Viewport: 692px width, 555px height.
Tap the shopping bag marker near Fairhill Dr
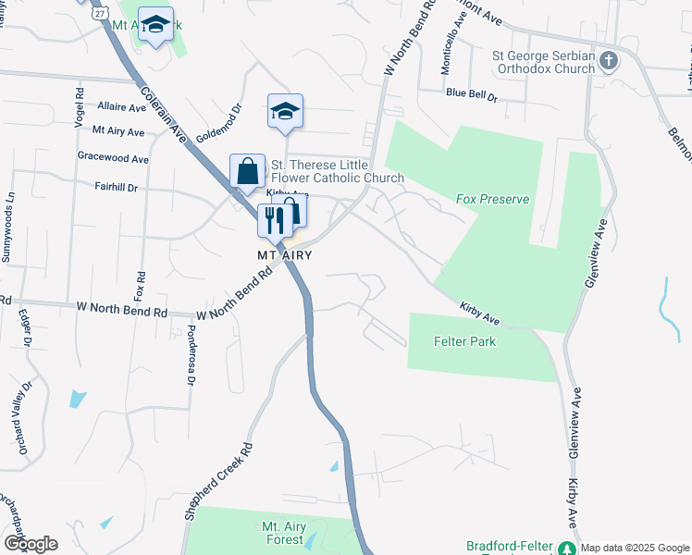coord(247,171)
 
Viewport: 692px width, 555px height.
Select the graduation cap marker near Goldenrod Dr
coord(286,112)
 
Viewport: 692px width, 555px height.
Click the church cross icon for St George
coord(609,62)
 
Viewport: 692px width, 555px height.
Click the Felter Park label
coord(464,341)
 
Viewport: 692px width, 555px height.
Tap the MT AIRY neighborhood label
coord(284,254)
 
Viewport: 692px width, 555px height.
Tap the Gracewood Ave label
coord(113,158)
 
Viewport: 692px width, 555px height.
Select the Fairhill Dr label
coord(116,187)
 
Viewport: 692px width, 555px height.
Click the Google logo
coord(30,544)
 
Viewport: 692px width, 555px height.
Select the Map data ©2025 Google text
coord(635,547)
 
